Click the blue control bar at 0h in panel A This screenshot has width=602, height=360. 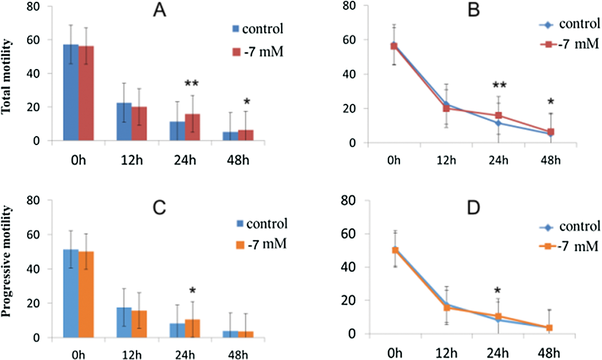coord(71,93)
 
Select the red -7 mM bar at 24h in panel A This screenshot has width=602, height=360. coord(193,127)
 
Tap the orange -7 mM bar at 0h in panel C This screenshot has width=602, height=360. coord(86,294)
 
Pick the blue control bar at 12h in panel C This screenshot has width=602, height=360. coord(124,323)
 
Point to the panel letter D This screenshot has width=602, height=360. coord(473,208)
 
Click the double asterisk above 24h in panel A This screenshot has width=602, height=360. coord(192,84)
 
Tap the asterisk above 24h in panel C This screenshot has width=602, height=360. coord(193,291)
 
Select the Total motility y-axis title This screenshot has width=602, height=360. coord(6,77)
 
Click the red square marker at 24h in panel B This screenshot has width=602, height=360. coord(498,116)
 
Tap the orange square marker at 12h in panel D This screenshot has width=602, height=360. coord(446,308)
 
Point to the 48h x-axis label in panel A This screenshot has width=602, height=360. coord(238,160)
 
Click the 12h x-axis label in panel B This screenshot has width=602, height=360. coord(446,160)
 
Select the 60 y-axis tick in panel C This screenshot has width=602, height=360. coord(33,235)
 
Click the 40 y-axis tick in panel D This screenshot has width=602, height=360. coord(348,267)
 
